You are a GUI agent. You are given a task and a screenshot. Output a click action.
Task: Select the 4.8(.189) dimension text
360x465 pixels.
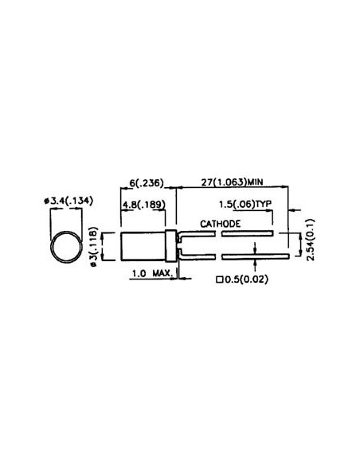(143, 205)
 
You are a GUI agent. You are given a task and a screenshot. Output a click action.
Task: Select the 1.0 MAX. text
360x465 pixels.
(152, 274)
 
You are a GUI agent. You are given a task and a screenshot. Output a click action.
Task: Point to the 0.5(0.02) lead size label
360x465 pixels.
(248, 279)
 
